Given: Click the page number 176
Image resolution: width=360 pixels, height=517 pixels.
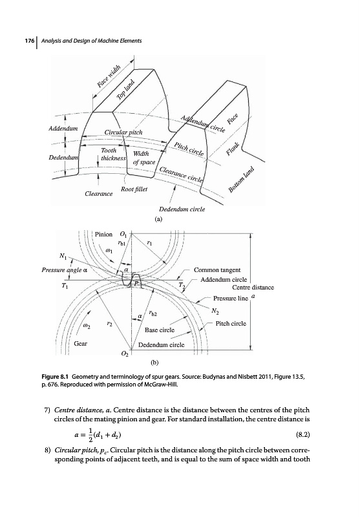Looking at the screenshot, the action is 30,41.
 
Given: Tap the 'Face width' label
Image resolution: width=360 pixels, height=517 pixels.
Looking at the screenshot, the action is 109,76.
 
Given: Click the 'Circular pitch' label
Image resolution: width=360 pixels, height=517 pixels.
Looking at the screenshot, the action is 123,132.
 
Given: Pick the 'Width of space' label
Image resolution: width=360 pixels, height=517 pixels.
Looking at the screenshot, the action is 143,158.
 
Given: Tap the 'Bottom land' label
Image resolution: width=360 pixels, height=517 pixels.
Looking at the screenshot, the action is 242,180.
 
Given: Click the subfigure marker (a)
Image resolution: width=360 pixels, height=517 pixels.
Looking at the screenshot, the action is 159,218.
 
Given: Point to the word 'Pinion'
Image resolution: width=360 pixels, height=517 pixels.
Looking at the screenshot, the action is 103,235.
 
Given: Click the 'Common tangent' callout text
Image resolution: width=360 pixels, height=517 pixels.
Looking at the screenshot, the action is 217,270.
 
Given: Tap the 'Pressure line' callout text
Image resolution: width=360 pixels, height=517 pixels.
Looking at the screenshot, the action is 231,299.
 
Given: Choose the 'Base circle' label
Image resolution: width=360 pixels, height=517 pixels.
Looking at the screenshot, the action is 160,330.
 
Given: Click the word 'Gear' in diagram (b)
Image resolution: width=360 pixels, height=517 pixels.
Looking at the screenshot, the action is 80,344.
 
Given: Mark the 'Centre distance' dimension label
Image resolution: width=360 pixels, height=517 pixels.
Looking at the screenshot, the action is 253,287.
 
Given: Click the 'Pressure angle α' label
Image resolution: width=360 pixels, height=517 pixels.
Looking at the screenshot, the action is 64,270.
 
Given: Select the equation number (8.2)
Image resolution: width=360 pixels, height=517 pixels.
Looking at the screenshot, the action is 303,434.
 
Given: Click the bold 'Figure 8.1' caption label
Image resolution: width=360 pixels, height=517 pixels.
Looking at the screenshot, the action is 55,376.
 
